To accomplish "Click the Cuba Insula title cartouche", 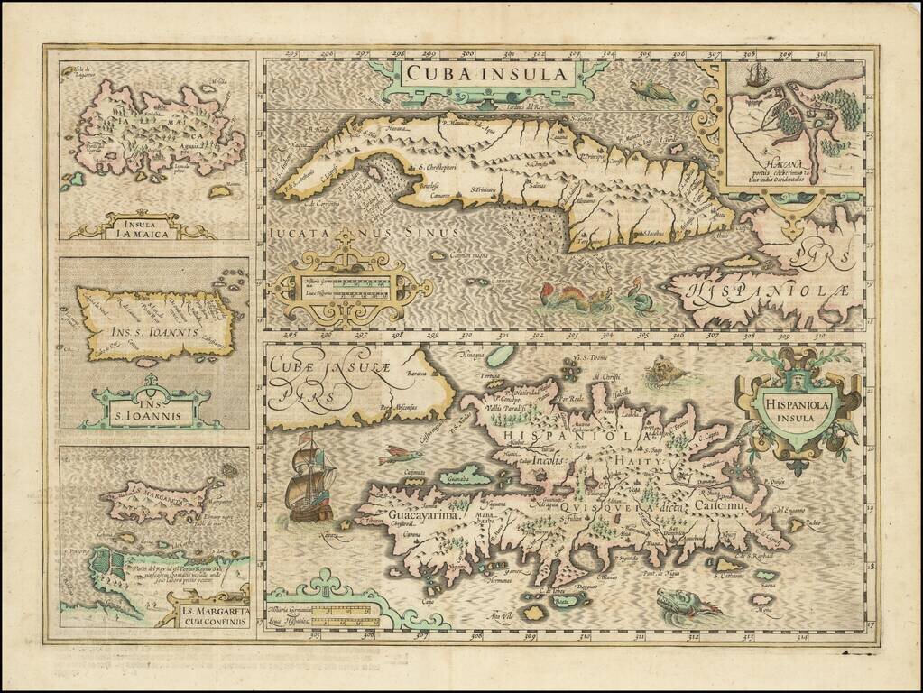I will pos(488,74).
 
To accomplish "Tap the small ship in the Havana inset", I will pos(756,75).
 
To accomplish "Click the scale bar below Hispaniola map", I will pos(343,614).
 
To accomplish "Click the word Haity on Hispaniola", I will pos(641,459).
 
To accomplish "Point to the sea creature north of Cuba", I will pos(652,89).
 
